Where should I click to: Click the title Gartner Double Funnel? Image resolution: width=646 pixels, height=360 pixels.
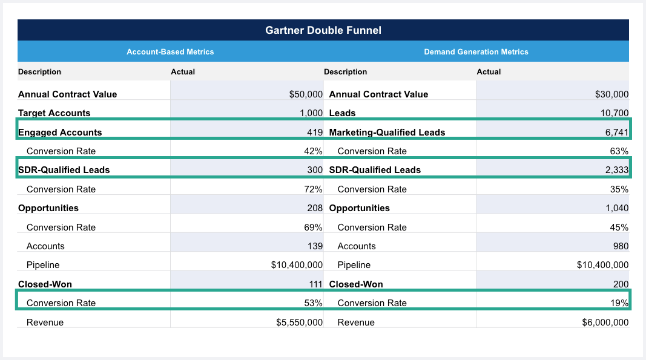pyautogui.click(x=323, y=30)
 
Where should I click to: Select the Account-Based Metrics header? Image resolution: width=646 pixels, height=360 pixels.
pyautogui.click(x=170, y=52)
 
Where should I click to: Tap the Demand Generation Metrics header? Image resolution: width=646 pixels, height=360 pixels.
pyautogui.click(x=476, y=52)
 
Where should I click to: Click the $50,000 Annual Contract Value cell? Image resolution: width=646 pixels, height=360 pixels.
pyautogui.click(x=306, y=94)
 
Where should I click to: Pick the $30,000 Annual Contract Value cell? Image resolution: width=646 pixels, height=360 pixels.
pyautogui.click(x=611, y=94)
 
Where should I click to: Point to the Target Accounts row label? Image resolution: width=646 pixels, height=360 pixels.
pyautogui.click(x=54, y=113)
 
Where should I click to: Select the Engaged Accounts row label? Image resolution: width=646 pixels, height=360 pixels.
pyautogui.click(x=60, y=133)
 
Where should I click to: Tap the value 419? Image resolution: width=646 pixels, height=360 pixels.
pyautogui.click(x=314, y=133)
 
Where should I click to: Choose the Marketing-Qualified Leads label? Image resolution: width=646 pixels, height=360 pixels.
pyautogui.click(x=387, y=133)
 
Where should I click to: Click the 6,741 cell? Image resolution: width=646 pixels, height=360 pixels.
pyautogui.click(x=616, y=133)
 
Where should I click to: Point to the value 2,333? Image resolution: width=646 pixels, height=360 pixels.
pyautogui.click(x=616, y=170)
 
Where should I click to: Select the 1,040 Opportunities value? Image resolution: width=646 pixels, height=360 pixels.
pyautogui.click(x=616, y=208)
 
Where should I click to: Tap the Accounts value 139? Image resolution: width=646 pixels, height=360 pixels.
pyautogui.click(x=314, y=246)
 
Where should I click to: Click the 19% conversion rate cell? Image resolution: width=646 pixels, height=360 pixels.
pyautogui.click(x=620, y=303)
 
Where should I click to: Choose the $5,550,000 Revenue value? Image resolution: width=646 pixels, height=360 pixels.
pyautogui.click(x=299, y=322)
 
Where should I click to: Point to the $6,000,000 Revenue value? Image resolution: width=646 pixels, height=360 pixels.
pyautogui.click(x=605, y=322)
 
